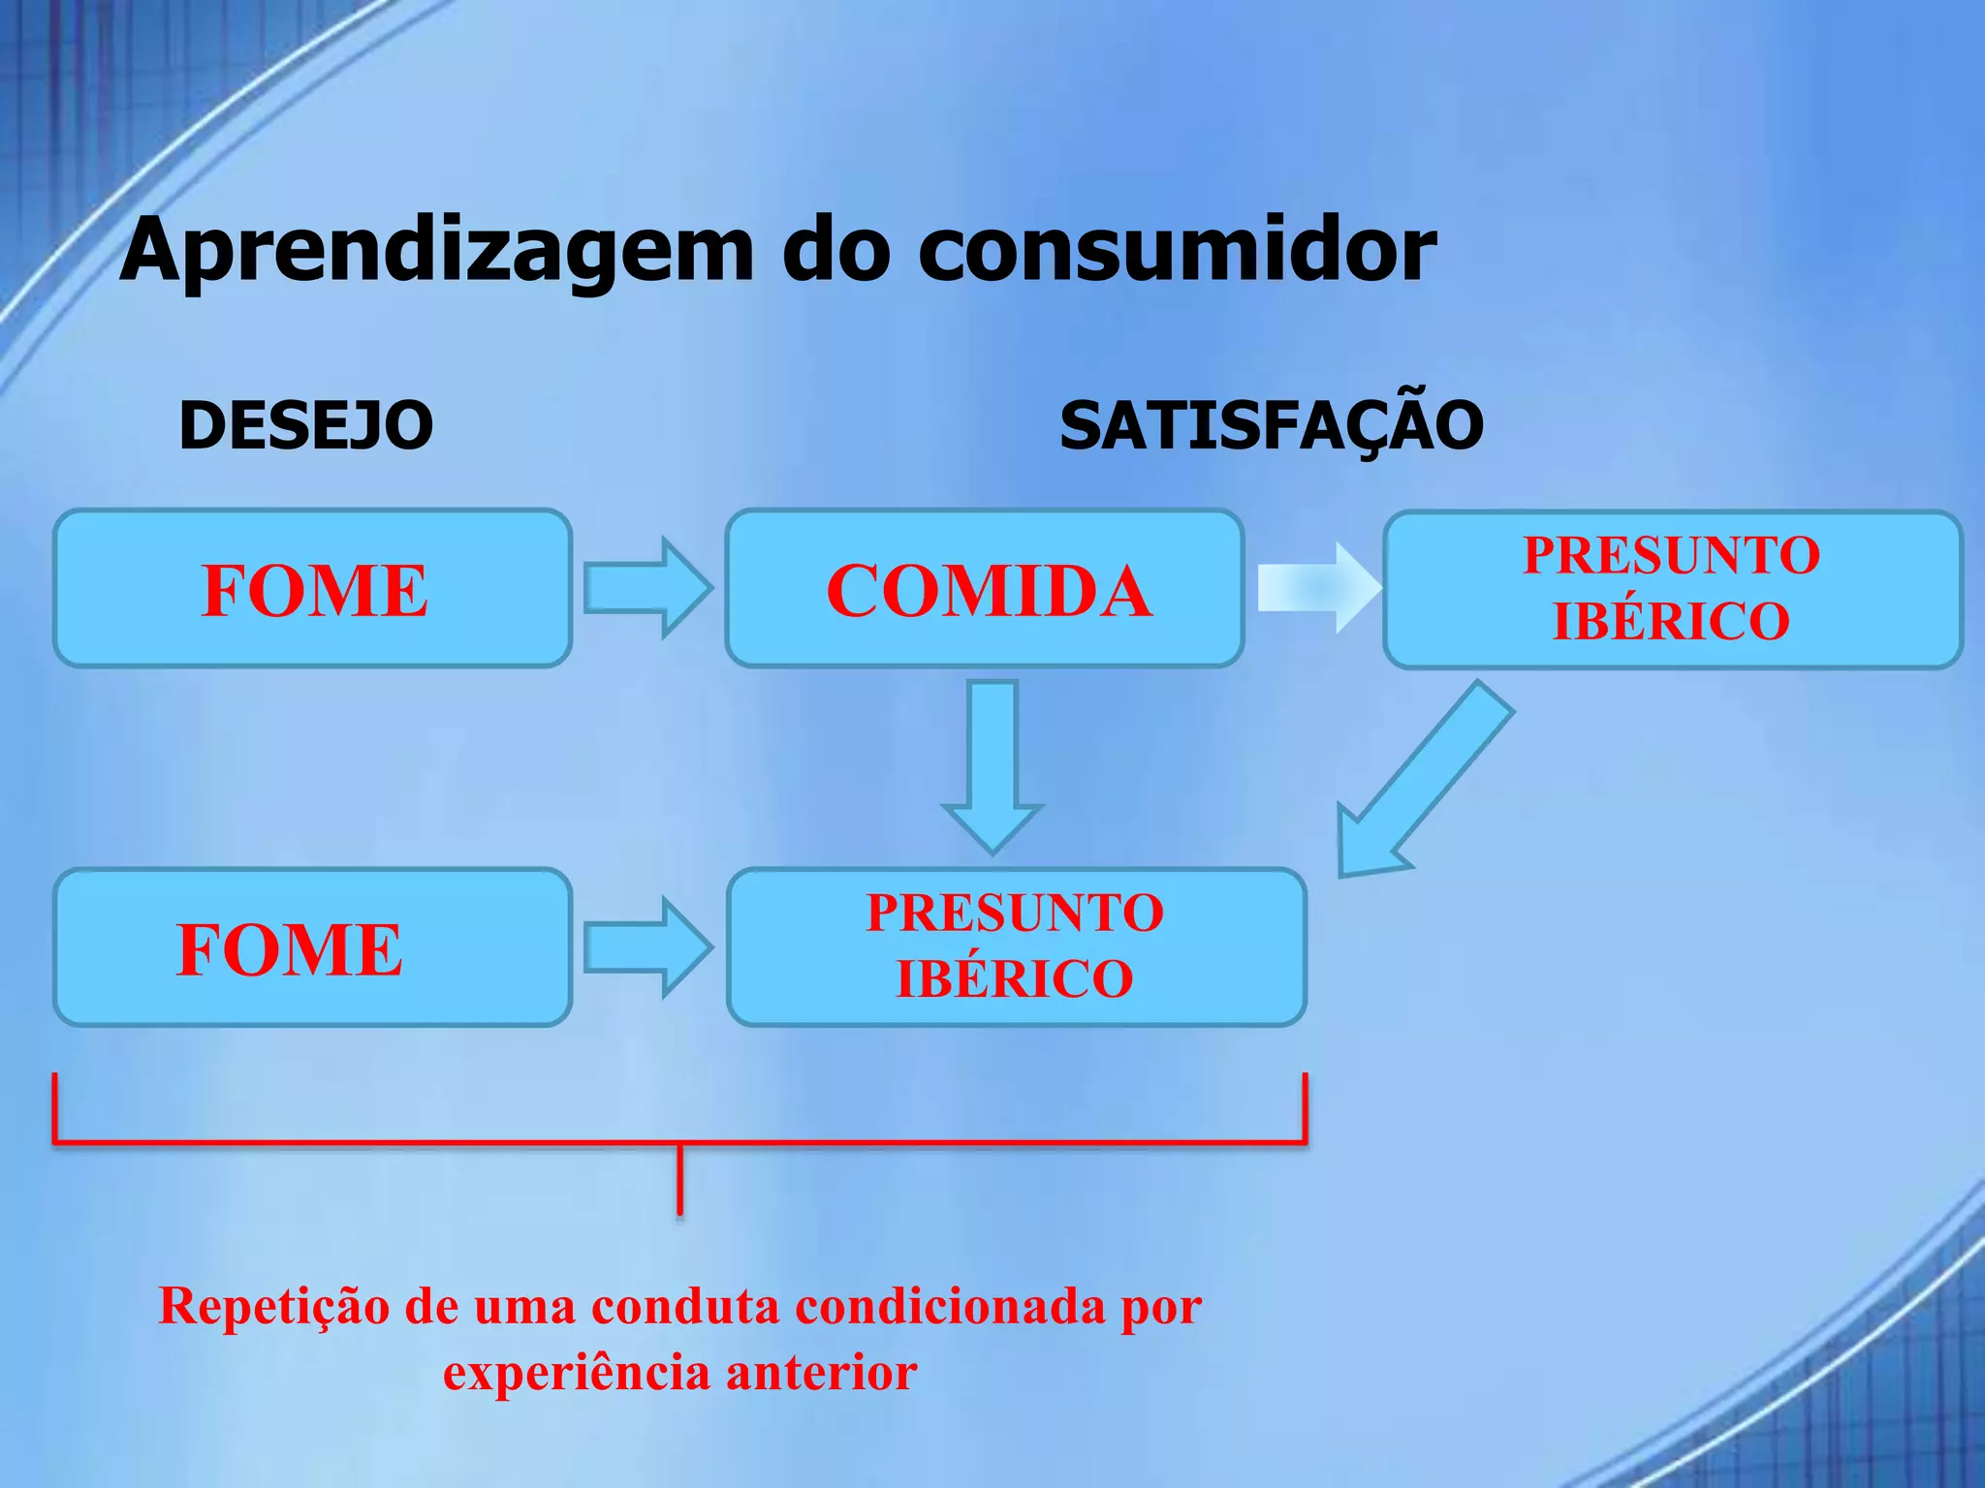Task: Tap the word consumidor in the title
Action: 1177,250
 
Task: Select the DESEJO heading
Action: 306,425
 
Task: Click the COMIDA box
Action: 985,589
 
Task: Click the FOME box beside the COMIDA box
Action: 312,589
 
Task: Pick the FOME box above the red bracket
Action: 312,947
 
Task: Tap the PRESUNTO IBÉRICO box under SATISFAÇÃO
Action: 1672,589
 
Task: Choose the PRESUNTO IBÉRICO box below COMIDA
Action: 1016,946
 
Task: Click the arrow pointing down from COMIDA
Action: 992,765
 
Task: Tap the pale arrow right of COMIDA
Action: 1318,587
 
